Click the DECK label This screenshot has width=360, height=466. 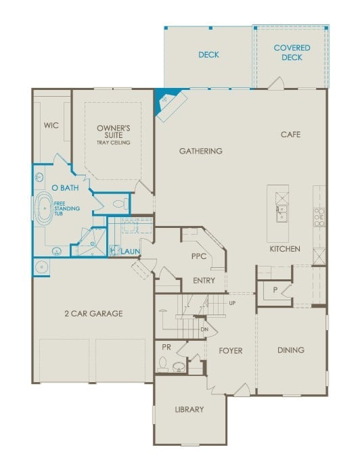tap(208, 55)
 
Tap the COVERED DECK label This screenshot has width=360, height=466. tap(292, 53)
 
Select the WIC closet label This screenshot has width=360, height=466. tap(51, 125)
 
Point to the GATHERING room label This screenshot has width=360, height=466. tap(201, 151)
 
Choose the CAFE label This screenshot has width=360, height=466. tap(290, 135)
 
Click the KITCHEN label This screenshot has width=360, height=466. tap(285, 249)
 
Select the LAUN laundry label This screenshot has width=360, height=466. tap(130, 252)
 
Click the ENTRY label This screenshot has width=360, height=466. tap(204, 280)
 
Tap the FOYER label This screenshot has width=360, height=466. tap(230, 350)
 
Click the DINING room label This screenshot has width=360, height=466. tap(291, 350)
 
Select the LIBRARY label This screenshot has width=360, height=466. tap(189, 409)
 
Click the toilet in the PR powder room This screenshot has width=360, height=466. tap(162, 365)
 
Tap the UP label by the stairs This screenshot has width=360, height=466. tap(233, 302)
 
